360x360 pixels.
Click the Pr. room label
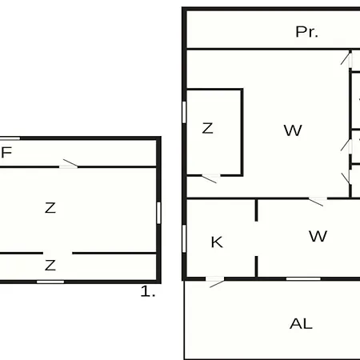coord(306,32)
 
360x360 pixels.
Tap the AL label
coord(301,324)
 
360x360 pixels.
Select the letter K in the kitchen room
coord(217,242)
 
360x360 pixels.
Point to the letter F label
coord(6,152)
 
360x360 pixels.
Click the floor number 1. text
coord(148,291)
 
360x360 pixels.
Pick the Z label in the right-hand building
coord(207,128)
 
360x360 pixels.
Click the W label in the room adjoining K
coord(318,236)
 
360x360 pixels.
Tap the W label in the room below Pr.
coord(293,130)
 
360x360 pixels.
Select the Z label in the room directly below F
coord(50,208)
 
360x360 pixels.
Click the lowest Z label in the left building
coord(50,266)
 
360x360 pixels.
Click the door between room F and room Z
coord(68,165)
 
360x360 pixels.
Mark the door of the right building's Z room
coord(210,178)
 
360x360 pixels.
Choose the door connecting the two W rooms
coord(318,201)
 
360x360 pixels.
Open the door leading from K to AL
coord(215,281)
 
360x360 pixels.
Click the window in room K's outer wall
coord(184,238)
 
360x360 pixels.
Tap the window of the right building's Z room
coord(184,112)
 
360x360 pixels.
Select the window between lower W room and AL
coord(303,279)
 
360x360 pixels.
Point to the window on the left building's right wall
coord(158,213)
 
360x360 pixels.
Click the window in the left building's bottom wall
coord(50,282)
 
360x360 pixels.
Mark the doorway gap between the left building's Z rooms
coord(58,253)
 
